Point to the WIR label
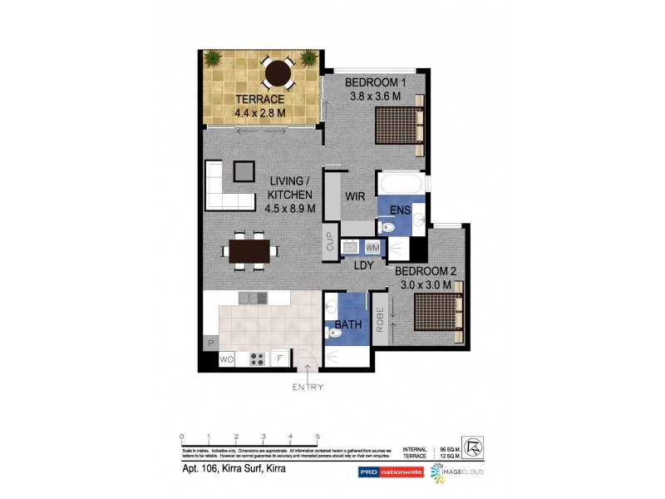click(x=357, y=197)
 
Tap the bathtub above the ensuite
click(x=401, y=183)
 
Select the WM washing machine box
click(x=372, y=247)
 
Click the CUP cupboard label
click(x=329, y=242)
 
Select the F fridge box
click(x=281, y=359)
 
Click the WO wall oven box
click(x=226, y=359)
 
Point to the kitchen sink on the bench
click(x=252, y=298)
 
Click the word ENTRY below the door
click(x=308, y=387)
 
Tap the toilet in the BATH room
click(x=334, y=333)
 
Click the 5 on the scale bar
click(x=318, y=436)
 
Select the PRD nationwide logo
click(x=388, y=472)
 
